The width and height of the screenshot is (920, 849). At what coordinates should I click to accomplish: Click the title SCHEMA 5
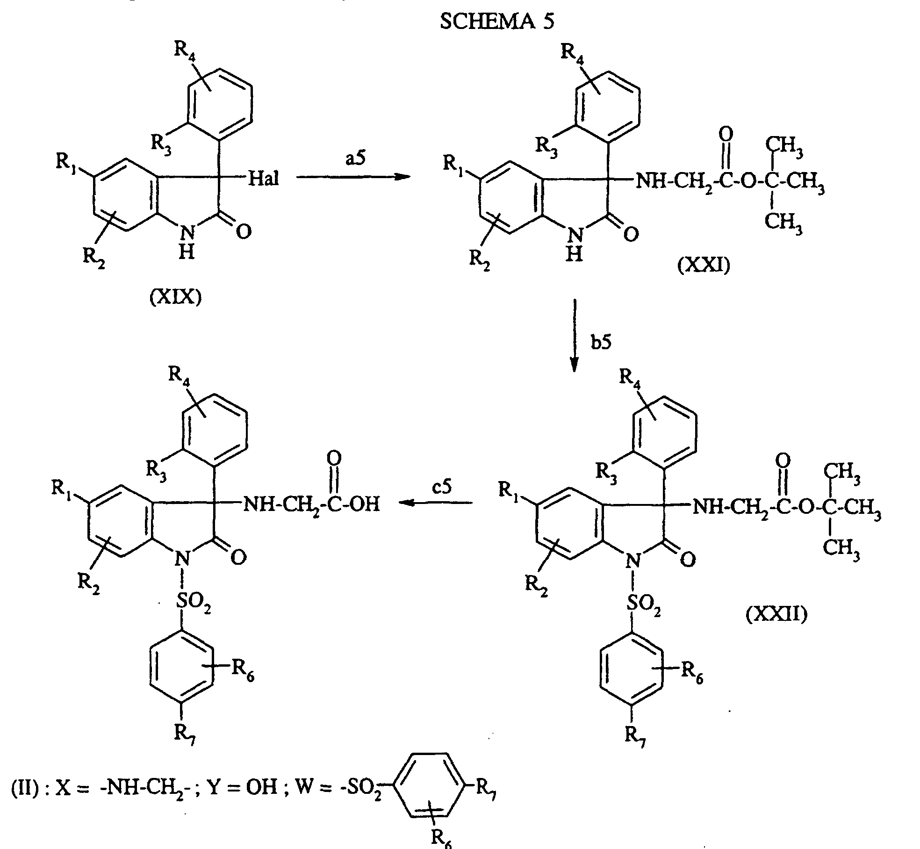coord(497,22)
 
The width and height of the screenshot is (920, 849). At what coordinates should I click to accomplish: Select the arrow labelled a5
coord(352,177)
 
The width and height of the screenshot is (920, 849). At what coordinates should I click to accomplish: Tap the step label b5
coord(601,342)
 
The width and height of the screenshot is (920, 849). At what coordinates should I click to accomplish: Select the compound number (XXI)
coord(704,266)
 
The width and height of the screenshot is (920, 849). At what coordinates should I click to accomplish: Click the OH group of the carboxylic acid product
coord(365,504)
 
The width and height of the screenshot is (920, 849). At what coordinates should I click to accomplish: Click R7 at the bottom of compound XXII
coord(635,737)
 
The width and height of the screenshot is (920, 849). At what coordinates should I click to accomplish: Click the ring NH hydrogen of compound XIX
coord(187,253)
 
